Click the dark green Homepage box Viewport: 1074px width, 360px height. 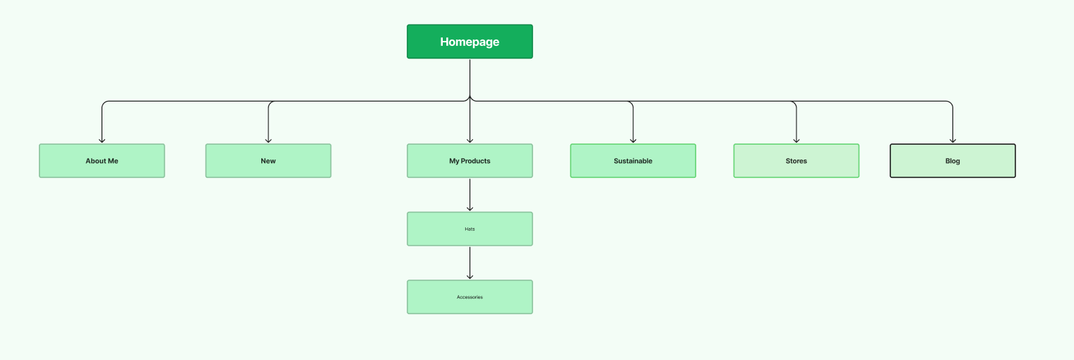[x=470, y=42]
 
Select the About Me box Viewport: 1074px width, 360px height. [x=102, y=161]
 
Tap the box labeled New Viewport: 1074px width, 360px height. [x=268, y=161]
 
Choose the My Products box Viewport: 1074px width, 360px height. [x=470, y=161]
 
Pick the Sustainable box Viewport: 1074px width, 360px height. [x=633, y=161]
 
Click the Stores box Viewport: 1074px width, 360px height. [x=796, y=161]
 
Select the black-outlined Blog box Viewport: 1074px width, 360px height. [x=953, y=161]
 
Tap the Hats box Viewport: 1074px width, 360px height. [x=470, y=229]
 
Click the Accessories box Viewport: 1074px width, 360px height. [x=470, y=297]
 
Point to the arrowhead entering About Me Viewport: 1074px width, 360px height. [x=102, y=140]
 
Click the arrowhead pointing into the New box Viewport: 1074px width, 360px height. [x=268, y=140]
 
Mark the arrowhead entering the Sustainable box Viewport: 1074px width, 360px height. [x=633, y=140]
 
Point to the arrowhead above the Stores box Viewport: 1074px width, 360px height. [x=796, y=140]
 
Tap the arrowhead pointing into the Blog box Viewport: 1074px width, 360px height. [x=953, y=140]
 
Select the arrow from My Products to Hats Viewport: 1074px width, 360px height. [x=470, y=194]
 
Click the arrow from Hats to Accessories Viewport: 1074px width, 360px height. [x=470, y=263]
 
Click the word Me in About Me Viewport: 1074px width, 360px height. [x=112, y=161]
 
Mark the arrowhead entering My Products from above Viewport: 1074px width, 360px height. [x=470, y=140]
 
